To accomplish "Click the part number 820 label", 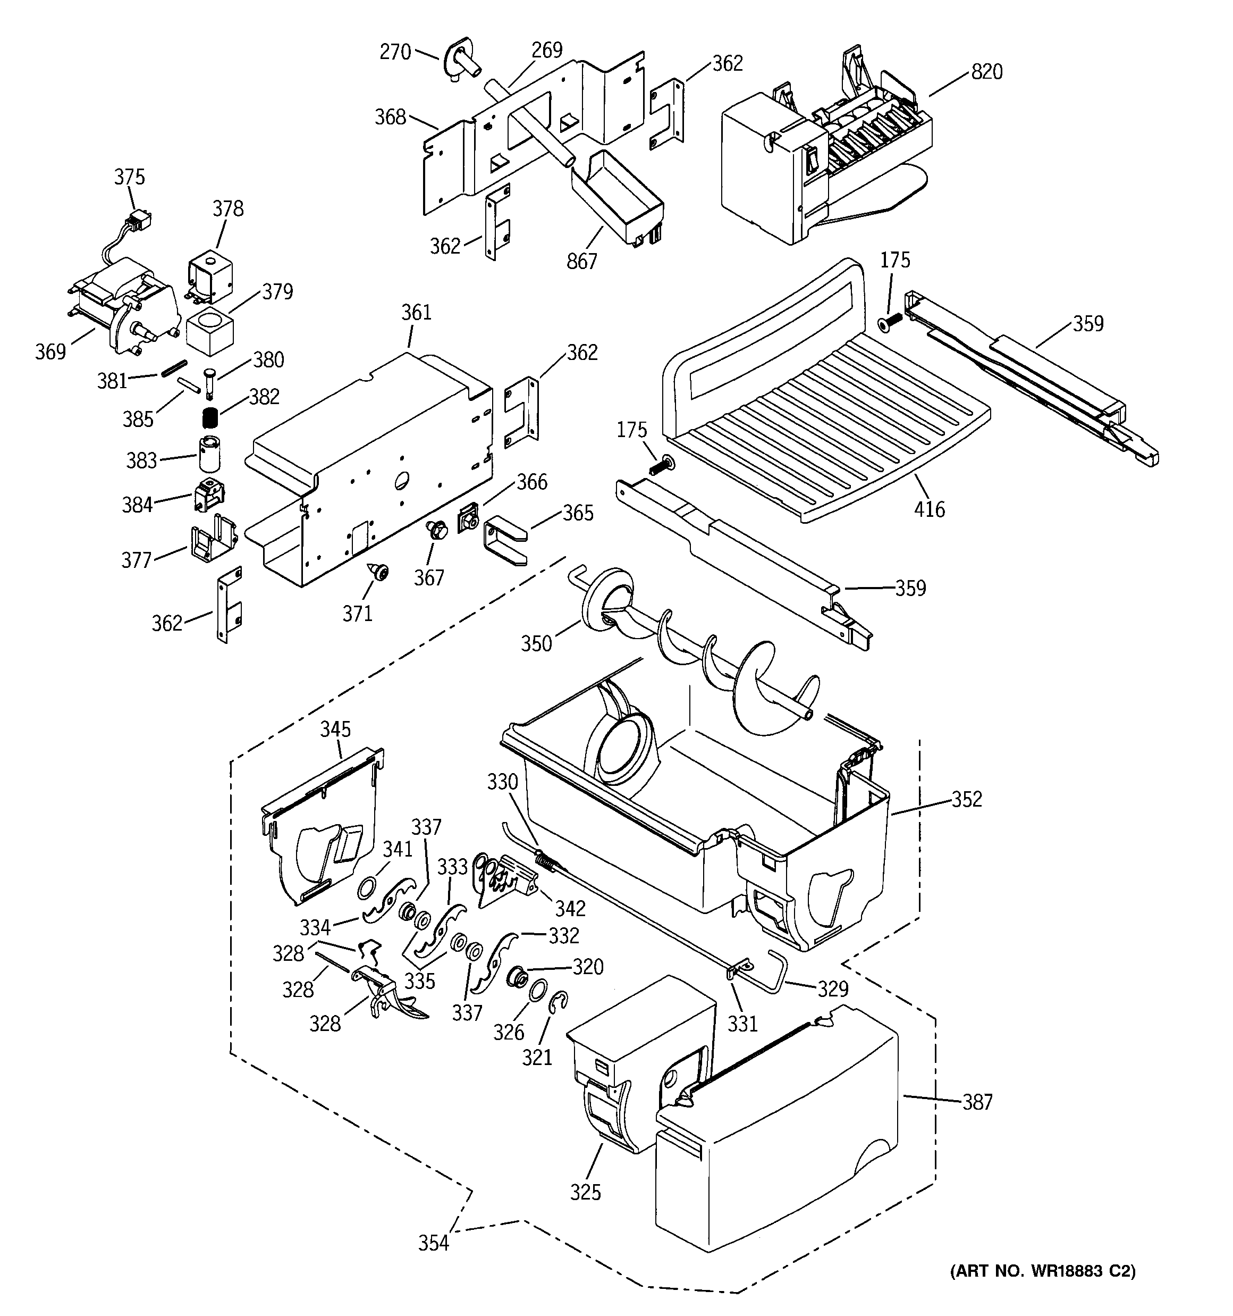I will coord(986,71).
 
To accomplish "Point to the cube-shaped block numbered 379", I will coord(210,331).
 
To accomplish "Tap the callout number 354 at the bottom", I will coord(434,1243).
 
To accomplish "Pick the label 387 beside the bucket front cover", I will coord(977,1102).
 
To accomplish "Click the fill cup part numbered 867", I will coord(619,198).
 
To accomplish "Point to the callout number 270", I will coord(395,52).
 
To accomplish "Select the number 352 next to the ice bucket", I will coord(966,799).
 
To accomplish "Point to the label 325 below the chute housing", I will coord(586,1192).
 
